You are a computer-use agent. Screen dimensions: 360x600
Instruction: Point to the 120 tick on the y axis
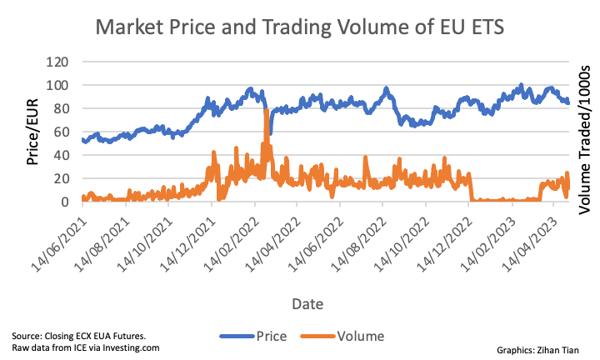click(57, 62)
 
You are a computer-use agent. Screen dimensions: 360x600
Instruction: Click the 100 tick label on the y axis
click(57, 85)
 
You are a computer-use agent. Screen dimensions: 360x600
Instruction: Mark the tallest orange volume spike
click(267, 112)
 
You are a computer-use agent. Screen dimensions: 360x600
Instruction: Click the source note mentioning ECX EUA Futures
click(79, 335)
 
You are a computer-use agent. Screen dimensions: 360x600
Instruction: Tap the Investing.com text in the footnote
click(131, 347)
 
